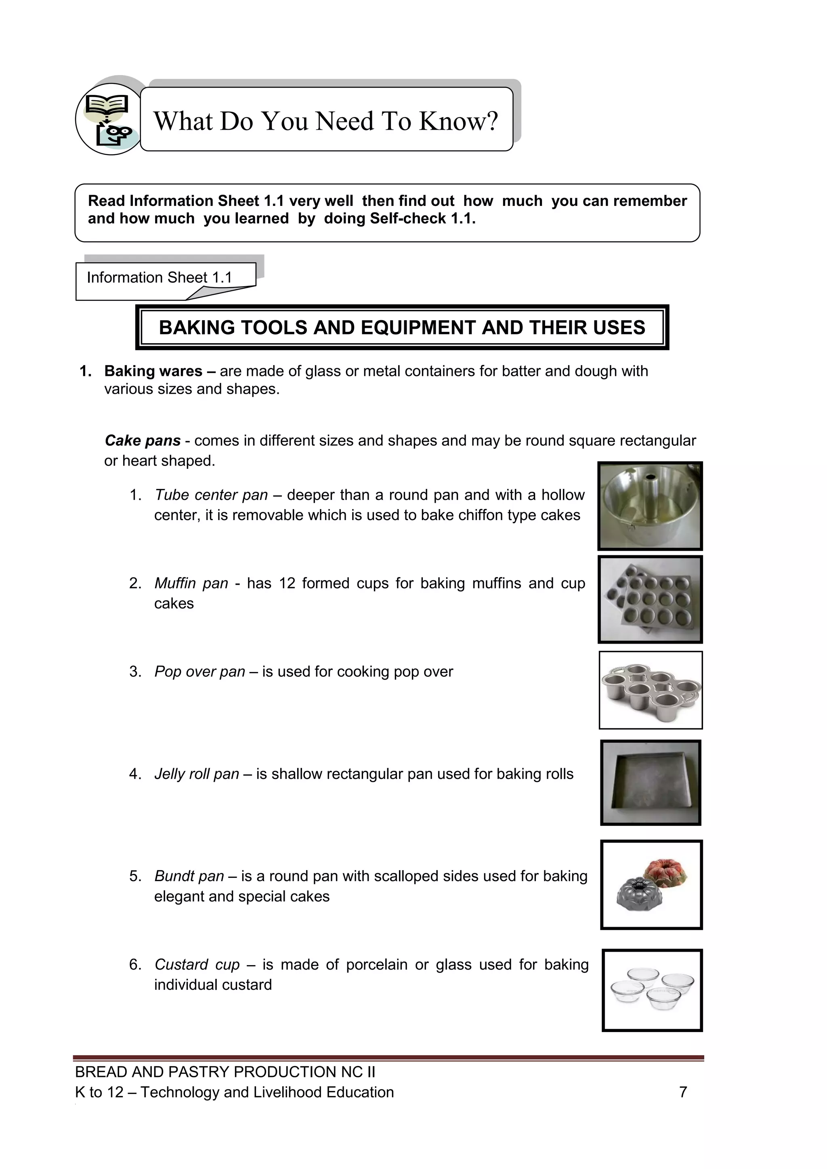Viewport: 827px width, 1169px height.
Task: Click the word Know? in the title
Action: (458, 121)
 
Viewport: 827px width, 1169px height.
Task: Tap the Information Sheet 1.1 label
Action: (160, 277)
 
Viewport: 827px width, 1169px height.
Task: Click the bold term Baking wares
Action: (153, 371)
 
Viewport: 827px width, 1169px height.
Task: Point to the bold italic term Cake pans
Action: (143, 441)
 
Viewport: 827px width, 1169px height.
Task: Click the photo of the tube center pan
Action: (650, 506)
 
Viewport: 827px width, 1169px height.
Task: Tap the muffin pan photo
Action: (650, 599)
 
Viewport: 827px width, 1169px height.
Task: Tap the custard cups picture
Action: (652, 990)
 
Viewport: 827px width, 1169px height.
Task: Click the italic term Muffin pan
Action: (191, 583)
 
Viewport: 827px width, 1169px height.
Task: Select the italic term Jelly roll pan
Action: (197, 774)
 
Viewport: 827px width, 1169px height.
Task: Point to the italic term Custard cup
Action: (197, 964)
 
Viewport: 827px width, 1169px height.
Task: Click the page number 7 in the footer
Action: (683, 1092)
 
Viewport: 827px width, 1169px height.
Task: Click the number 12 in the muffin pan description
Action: (287, 583)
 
